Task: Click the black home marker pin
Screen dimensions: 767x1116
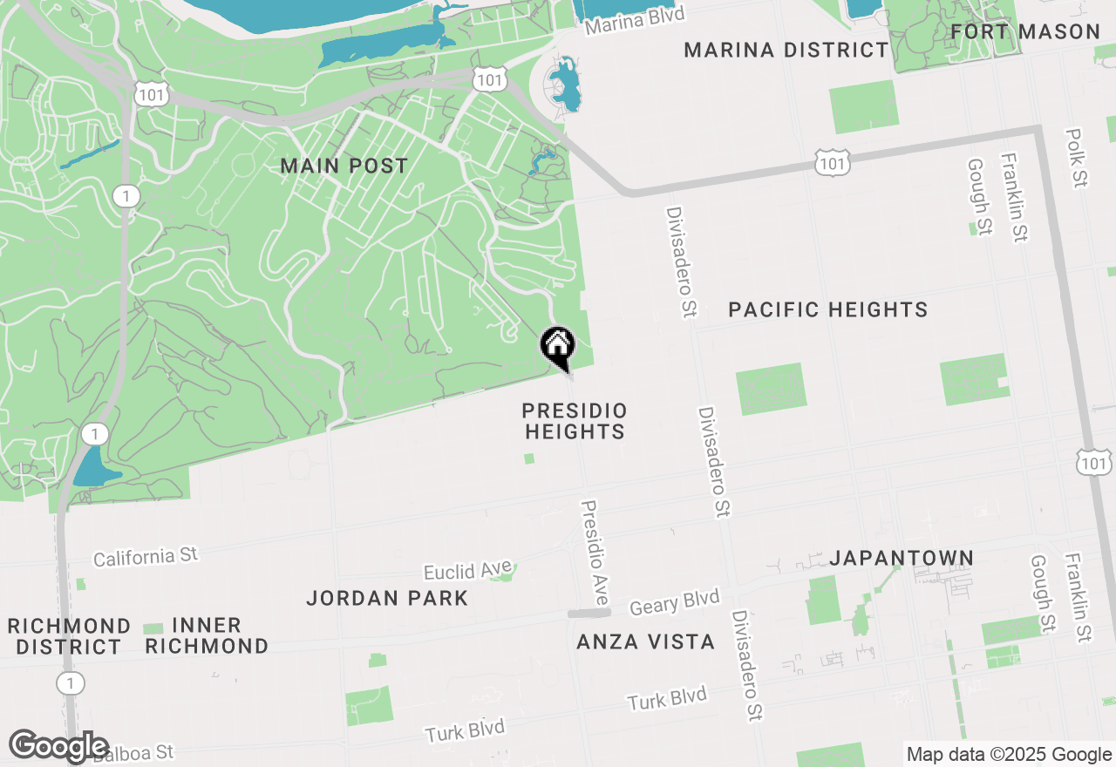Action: coord(558,346)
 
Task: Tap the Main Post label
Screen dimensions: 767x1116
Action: coord(344,166)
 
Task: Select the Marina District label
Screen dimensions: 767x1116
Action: coord(786,50)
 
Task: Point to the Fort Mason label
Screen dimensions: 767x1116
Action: coord(1025,32)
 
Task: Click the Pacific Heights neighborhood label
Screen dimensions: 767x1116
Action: coord(827,309)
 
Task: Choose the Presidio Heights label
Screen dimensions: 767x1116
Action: coord(575,421)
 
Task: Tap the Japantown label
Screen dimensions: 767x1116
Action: coord(902,558)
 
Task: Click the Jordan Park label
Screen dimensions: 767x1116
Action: coord(387,598)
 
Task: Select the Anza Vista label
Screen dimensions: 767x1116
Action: coord(646,642)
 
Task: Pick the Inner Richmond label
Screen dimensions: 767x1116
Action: coord(207,635)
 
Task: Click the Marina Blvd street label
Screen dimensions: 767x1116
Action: coord(635,19)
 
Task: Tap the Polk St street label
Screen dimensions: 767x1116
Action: coord(1078,158)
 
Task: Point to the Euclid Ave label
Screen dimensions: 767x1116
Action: coord(467,571)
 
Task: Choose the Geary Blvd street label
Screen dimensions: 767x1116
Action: coord(675,601)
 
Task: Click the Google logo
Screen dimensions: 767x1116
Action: coord(59,746)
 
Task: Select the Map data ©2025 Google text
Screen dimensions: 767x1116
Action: coord(1009,755)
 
